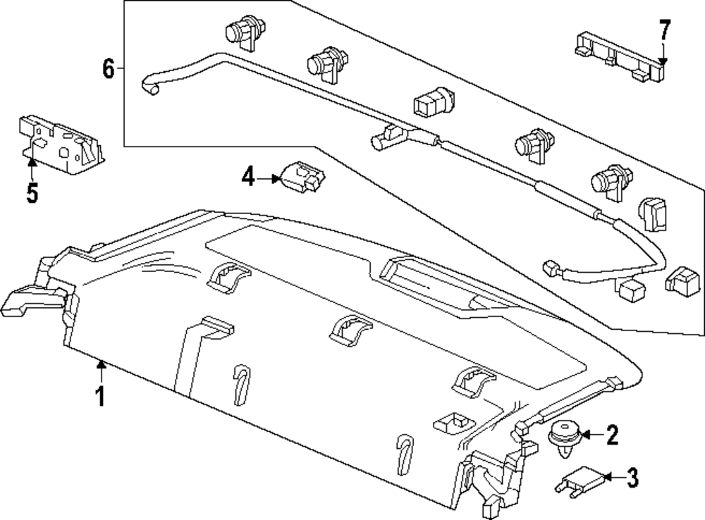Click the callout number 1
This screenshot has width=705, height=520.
tap(101, 396)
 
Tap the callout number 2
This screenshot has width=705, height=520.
tap(611, 435)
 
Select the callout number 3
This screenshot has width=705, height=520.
tap(632, 478)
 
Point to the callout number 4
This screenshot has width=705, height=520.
tap(247, 177)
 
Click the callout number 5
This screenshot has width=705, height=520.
tap(32, 192)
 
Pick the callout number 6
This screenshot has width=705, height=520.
tap(107, 69)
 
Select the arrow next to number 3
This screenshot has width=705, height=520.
tap(612, 479)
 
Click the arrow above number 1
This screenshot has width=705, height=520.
tap(101, 371)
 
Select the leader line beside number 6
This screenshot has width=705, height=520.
tap(120, 69)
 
